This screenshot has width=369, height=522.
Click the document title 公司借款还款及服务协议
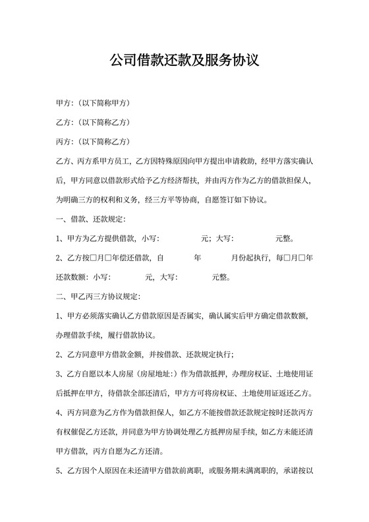pos(184,61)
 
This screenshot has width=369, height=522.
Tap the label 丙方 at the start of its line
pos(65,142)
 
